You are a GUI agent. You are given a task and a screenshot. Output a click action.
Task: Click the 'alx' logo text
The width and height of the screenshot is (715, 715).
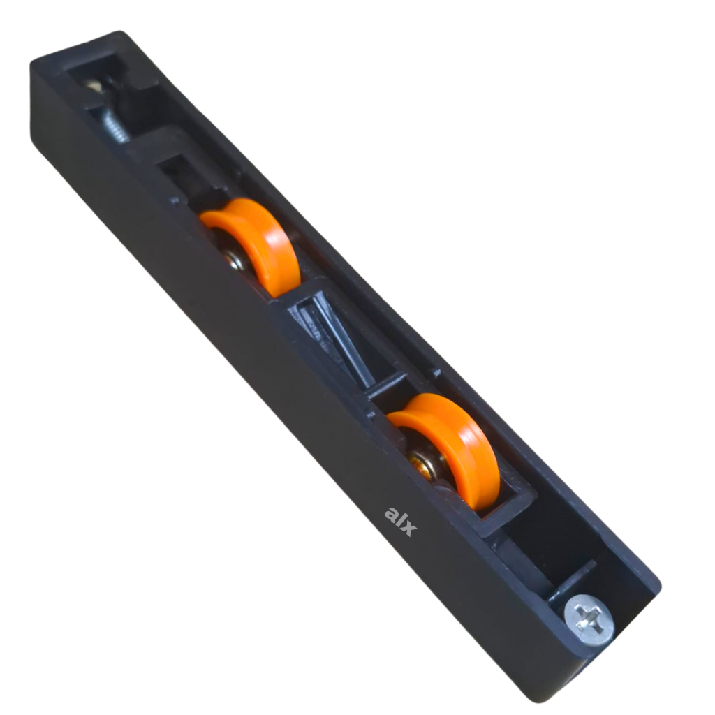coord(400,521)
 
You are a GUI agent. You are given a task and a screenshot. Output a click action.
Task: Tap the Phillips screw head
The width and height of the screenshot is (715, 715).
coord(589,619)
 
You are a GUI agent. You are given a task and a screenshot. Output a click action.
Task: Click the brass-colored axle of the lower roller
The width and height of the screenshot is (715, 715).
coord(424,464)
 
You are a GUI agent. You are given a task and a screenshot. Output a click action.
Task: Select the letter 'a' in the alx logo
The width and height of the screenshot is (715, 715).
coord(392,513)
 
